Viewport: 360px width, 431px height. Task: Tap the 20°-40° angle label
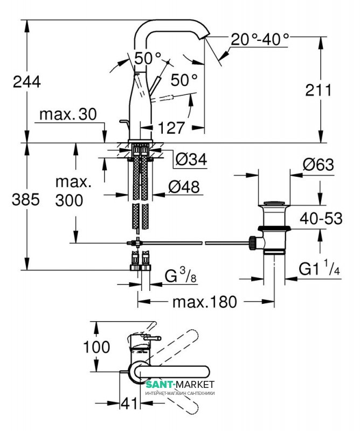[260, 39]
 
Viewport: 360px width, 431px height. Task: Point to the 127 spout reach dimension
[172, 128]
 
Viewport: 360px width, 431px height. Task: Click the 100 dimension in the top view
[97, 346]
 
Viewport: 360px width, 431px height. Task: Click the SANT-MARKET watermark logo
[180, 386]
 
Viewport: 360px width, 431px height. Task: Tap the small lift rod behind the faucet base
[124, 125]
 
